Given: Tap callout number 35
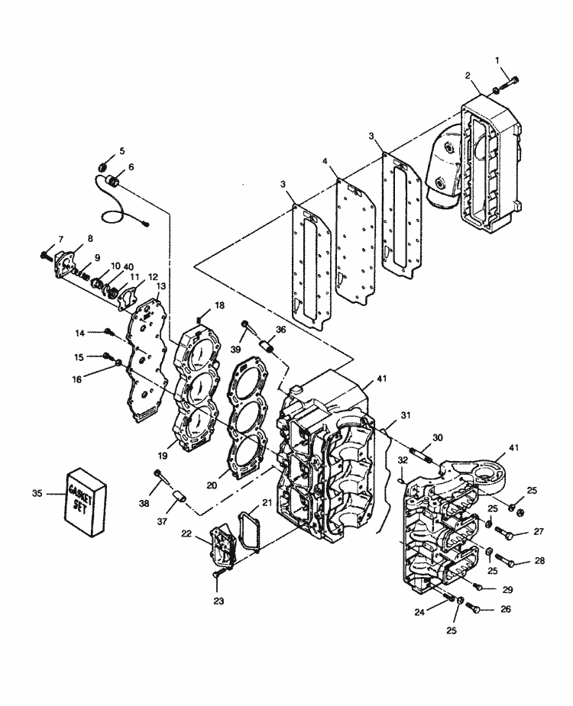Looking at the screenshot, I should tap(37, 494).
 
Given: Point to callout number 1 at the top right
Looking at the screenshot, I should tap(497, 60).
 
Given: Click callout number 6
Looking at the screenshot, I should tap(131, 167).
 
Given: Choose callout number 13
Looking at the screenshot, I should tap(160, 285).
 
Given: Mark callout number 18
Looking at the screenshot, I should tap(220, 305).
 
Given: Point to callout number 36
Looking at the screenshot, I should tap(281, 330).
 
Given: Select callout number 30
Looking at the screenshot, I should tap(437, 437).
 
